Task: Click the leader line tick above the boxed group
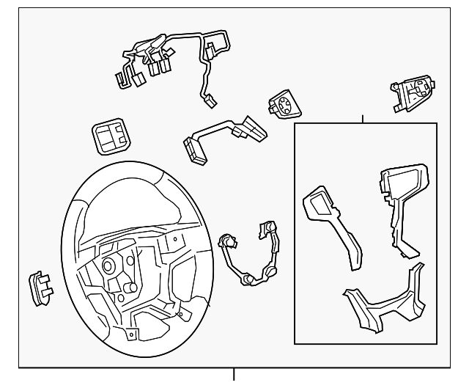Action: coord(363,118)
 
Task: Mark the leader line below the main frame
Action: coord(234,376)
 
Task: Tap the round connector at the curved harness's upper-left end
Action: coord(226,240)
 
